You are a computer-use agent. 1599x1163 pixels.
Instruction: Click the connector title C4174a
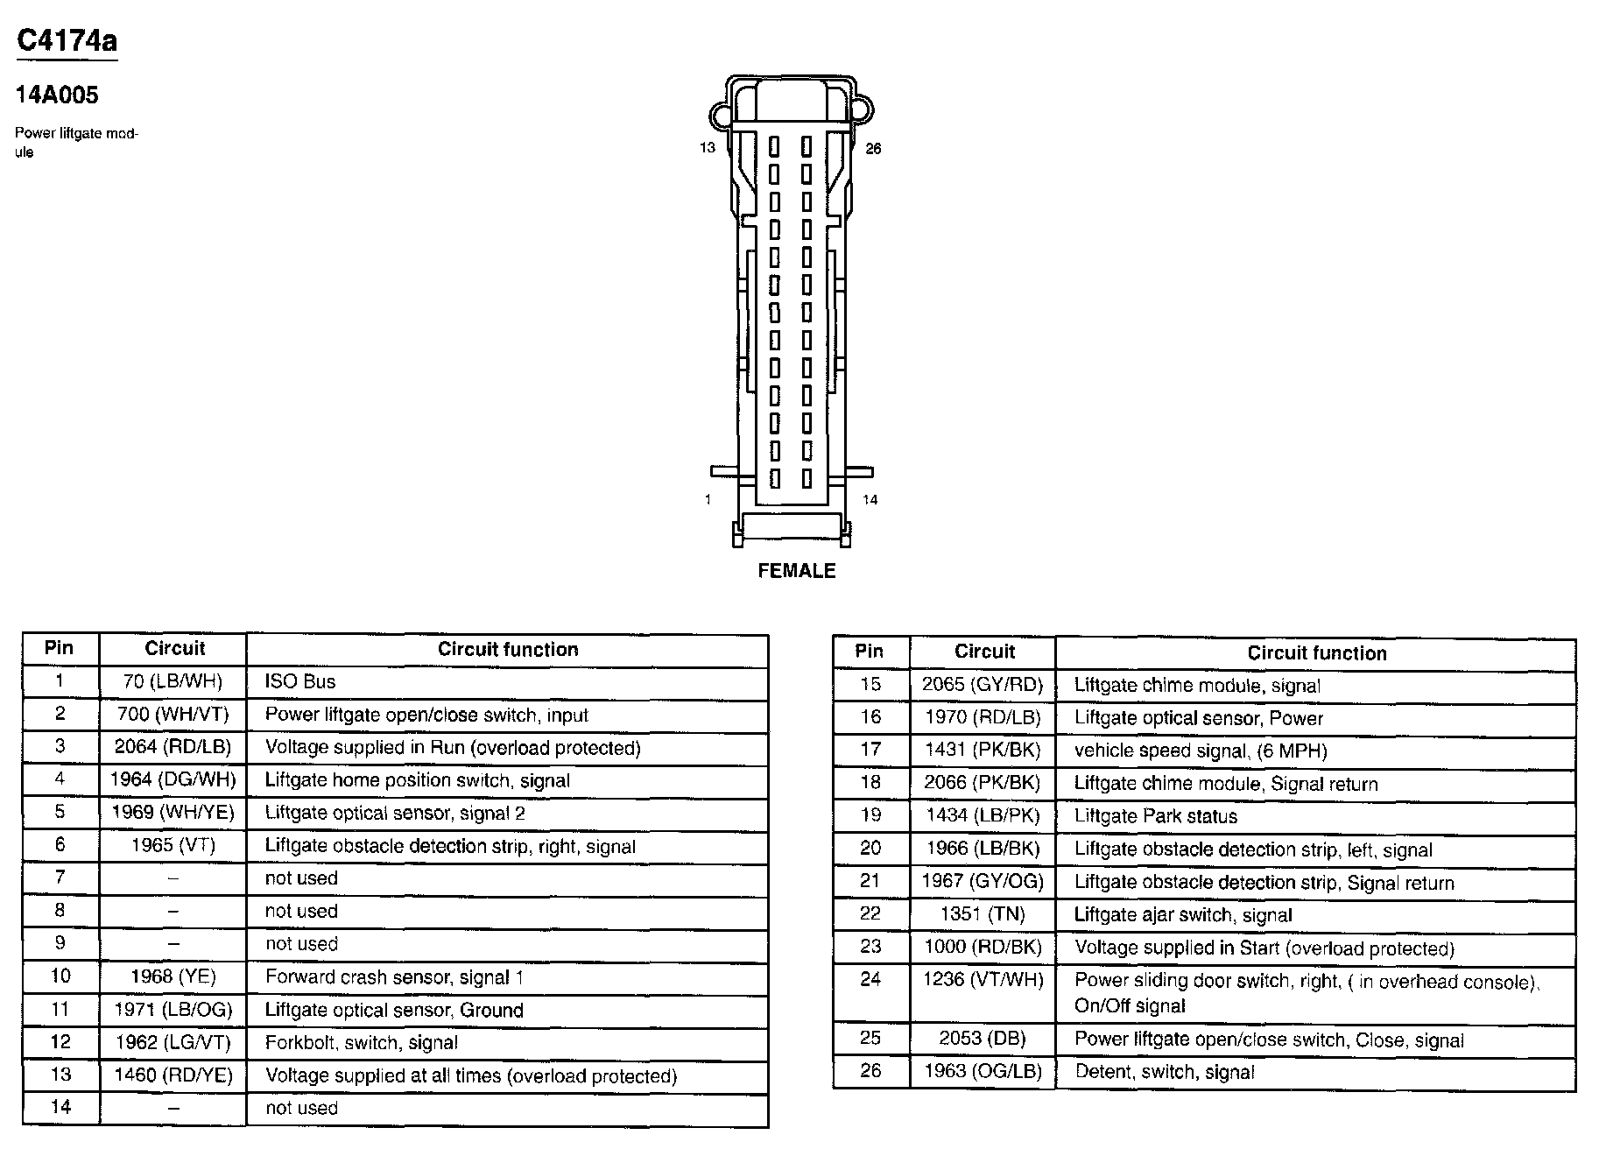[67, 41]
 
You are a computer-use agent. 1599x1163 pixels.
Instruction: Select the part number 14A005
[57, 95]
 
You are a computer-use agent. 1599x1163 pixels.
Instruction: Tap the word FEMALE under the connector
[796, 571]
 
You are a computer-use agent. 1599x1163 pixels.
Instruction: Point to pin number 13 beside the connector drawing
[707, 148]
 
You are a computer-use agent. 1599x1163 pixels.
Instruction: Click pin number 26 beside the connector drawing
[873, 149]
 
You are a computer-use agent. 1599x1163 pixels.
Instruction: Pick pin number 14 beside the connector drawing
[870, 500]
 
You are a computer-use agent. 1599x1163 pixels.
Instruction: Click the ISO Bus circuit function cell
[300, 681]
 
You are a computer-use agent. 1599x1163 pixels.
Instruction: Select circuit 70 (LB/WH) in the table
[173, 681]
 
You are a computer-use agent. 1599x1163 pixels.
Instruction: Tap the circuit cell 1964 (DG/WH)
[173, 779]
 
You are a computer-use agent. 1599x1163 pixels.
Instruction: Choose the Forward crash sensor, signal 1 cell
[394, 977]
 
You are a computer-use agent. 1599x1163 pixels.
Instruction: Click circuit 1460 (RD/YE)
[173, 1075]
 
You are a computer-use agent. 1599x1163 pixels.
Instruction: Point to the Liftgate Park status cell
[1155, 816]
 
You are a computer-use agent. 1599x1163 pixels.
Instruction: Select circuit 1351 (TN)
[983, 914]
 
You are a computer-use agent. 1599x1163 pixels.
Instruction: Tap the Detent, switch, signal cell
[1164, 1072]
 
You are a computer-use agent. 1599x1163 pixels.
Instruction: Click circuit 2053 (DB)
[982, 1039]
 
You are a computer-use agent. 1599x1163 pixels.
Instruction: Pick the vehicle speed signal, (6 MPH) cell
[1201, 751]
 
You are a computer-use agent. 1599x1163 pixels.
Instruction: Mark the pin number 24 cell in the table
[870, 979]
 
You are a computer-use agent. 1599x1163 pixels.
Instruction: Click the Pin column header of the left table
[60, 649]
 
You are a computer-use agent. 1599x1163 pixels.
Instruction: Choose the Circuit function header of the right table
[1316, 653]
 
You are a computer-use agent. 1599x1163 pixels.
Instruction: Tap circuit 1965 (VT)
[173, 845]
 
